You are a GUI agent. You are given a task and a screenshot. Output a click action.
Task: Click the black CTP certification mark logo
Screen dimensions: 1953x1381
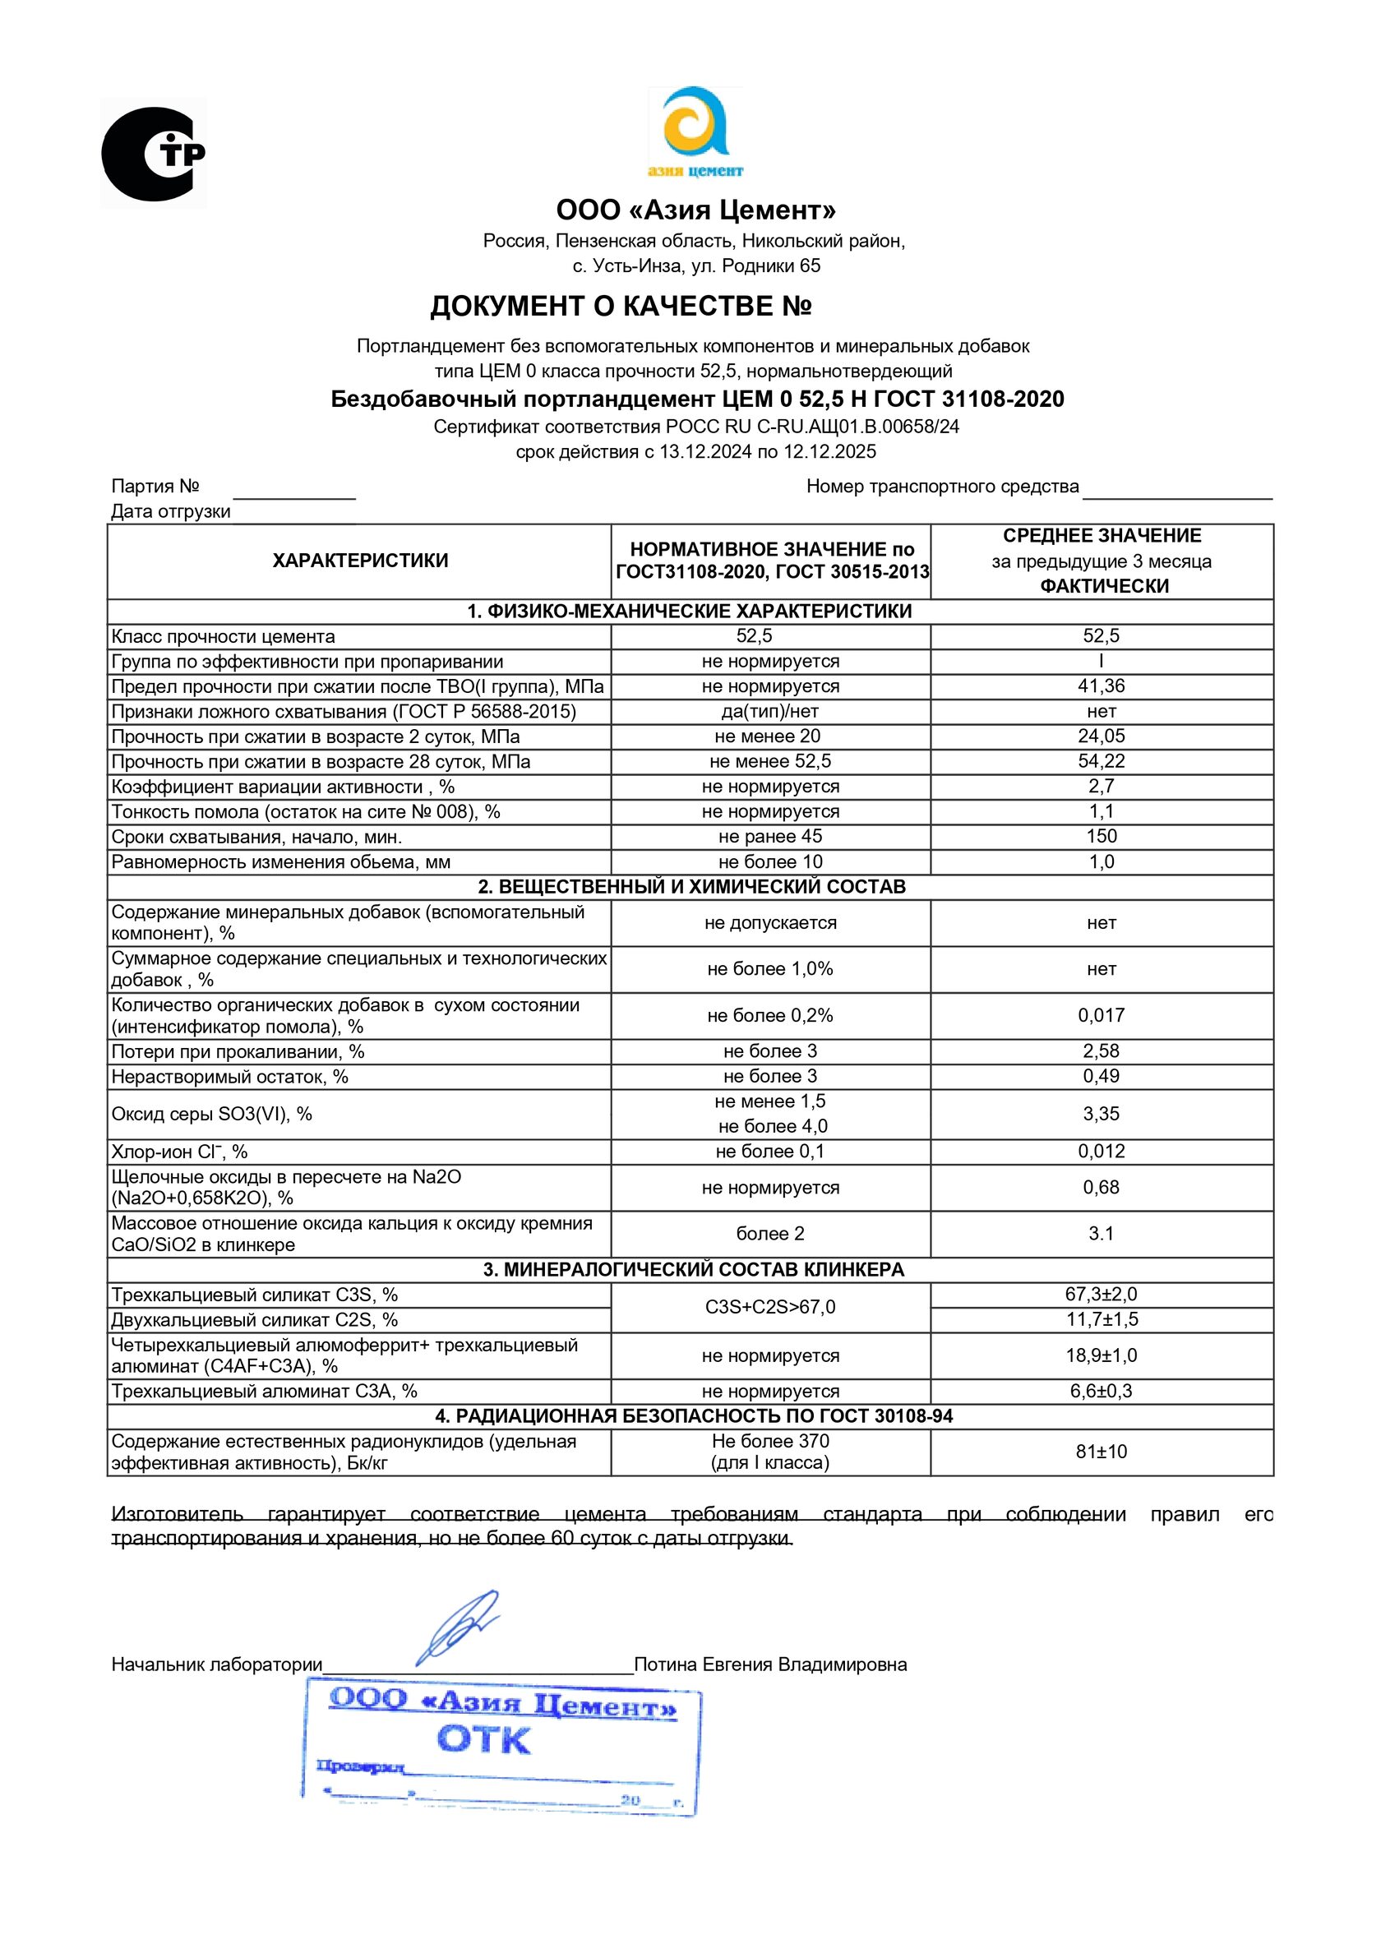(153, 154)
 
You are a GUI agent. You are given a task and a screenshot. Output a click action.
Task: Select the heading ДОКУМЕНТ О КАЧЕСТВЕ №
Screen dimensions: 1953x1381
(621, 307)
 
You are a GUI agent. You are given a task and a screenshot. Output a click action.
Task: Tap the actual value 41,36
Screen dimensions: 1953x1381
(1101, 686)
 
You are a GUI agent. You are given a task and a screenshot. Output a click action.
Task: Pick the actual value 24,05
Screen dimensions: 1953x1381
(1101, 736)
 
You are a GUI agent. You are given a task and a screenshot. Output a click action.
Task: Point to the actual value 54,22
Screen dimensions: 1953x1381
(1101, 761)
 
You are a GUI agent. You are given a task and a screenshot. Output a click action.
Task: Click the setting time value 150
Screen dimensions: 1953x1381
(1101, 837)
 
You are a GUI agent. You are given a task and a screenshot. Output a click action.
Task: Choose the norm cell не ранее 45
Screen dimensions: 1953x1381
(770, 837)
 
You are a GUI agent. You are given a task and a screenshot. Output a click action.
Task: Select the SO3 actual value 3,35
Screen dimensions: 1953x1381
(1101, 1115)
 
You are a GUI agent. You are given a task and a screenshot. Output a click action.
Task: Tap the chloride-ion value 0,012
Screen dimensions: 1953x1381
(1101, 1152)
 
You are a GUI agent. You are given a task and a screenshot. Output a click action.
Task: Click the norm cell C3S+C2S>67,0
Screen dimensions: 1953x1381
(770, 1308)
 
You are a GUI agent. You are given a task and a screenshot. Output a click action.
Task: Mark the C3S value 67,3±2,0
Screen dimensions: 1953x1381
(1101, 1295)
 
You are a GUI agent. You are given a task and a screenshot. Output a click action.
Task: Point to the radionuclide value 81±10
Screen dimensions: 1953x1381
(1101, 1452)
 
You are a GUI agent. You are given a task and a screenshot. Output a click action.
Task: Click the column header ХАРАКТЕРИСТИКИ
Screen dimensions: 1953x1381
(360, 561)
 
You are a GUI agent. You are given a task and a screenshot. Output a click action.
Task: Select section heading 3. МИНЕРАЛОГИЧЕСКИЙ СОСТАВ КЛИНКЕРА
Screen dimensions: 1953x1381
(694, 1270)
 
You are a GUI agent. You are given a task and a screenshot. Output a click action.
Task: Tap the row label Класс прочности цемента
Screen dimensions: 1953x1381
(223, 637)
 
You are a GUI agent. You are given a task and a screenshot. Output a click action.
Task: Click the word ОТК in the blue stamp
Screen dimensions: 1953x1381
(483, 1740)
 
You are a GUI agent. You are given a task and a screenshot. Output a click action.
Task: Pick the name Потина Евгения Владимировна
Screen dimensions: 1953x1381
(770, 1664)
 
